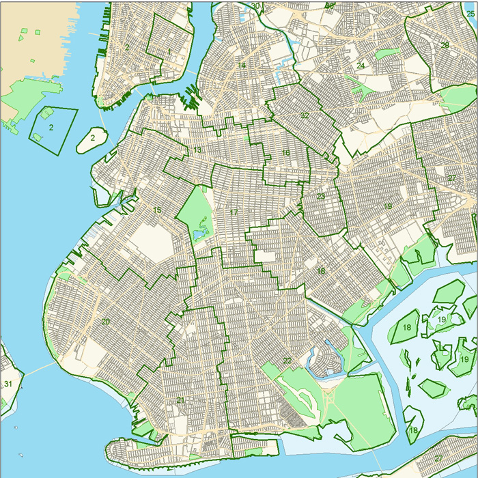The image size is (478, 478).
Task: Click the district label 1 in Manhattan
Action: [x=169, y=51]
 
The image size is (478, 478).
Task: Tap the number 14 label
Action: [x=242, y=66]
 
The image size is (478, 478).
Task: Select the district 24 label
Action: [x=361, y=66]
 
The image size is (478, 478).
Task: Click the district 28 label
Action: [x=445, y=45]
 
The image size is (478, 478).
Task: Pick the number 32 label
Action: [x=305, y=115]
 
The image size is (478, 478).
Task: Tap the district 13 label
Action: [x=197, y=150]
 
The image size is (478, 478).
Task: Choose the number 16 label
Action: [x=286, y=153]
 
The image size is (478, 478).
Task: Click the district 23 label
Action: [x=320, y=197]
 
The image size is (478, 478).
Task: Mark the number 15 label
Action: [x=157, y=210]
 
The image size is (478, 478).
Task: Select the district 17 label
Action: [x=234, y=212]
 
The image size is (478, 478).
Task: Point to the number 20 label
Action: [x=105, y=322]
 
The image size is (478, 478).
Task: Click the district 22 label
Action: [x=287, y=360]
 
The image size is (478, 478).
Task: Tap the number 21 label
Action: [x=180, y=400]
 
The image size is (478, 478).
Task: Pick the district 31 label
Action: [x=8, y=384]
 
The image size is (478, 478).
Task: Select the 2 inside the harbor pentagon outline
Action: [x=51, y=127]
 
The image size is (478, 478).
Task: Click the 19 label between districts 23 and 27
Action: [x=388, y=206]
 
